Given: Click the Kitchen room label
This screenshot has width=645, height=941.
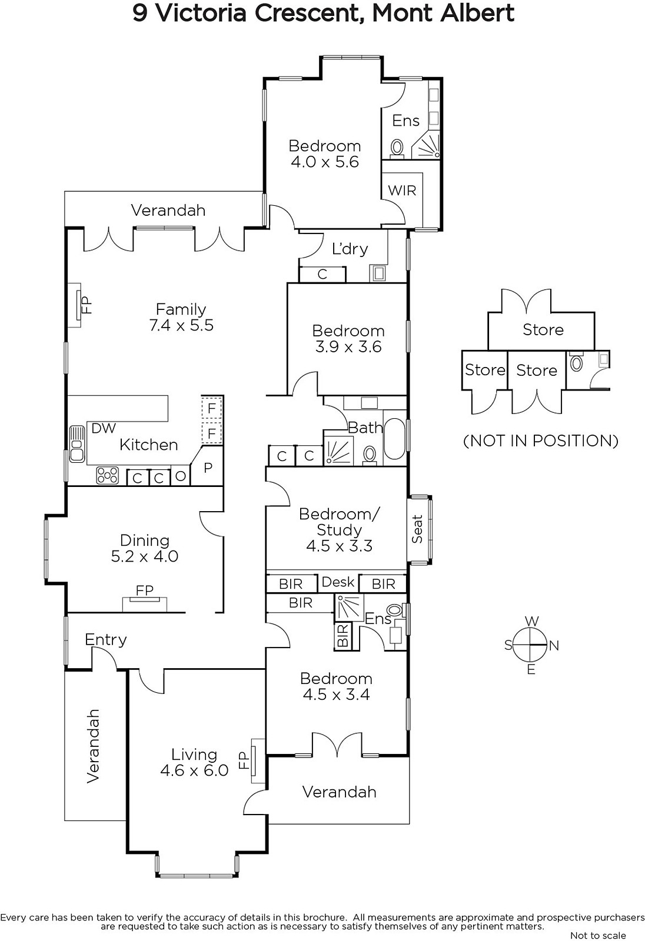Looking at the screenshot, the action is point(148,445).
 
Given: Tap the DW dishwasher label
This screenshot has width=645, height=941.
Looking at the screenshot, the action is point(104,428).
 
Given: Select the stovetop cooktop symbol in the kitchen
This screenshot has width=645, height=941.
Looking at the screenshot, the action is point(107,475).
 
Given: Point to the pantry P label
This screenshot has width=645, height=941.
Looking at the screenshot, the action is point(208,468).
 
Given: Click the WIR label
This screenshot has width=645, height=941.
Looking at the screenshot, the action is point(402,191).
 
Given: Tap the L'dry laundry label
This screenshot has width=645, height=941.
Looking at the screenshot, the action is point(350,249).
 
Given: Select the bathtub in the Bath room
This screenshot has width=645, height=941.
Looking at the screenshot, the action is point(394,439).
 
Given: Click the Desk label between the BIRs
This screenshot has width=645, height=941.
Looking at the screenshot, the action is point(338,582).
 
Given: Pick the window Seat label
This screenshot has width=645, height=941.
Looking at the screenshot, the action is point(417,529).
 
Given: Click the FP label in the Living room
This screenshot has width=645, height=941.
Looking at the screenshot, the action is point(244,760).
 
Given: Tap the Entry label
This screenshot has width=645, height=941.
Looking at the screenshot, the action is point(105,640).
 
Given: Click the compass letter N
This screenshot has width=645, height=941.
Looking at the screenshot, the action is point(554,646).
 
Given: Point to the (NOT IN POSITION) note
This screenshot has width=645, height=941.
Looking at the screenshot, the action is point(541,441).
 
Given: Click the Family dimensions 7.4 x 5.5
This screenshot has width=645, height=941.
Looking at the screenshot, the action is point(181,325).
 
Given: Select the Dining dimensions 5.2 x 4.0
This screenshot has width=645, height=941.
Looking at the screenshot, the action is point(145,556).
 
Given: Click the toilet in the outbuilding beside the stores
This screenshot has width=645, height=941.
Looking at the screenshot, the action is point(577,361).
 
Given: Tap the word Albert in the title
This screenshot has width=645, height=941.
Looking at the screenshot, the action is point(477,13).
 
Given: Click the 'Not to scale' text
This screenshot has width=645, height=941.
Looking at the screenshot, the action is point(598,935).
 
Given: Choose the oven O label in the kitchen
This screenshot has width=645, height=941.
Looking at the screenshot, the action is point(181,476).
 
